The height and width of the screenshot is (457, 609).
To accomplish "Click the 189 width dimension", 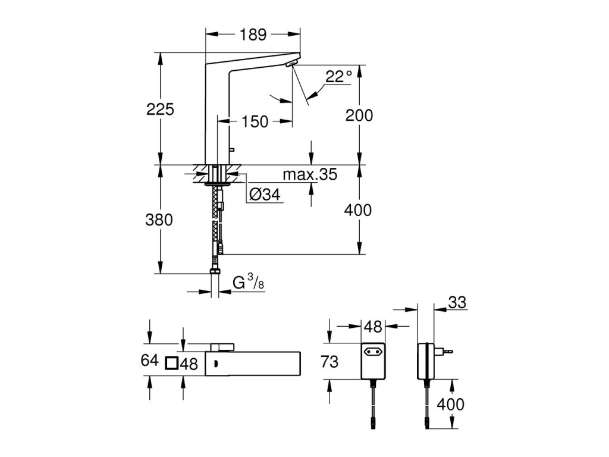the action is pos(253,35).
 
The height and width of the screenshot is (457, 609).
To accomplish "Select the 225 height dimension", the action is pos(160,109).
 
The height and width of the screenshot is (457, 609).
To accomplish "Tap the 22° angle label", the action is pos(338,77).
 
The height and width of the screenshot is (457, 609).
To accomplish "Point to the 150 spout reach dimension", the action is pos(255,121).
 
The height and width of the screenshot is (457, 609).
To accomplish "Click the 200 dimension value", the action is pos(359,115).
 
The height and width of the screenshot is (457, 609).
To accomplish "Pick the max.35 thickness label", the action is pos(310,174).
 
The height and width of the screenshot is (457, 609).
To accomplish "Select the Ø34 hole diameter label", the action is pos(265,194).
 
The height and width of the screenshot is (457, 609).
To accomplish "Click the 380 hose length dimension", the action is pos(159,220).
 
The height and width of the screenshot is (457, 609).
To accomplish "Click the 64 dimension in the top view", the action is pos(149,360).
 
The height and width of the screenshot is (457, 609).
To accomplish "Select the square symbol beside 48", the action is pos(171,364).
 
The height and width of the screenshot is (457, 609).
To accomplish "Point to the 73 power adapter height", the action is pos(329,362).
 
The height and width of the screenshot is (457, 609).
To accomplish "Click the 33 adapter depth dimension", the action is pos(457,302).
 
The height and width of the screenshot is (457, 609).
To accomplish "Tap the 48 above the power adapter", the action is pos(373,327).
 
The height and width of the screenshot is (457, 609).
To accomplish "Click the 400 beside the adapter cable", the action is pos(451,405).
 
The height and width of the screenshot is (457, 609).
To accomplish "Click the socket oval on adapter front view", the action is pos(373,352).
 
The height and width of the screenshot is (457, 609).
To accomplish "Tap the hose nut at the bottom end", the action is pos(214,271).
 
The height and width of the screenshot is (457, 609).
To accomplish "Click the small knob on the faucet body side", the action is pos(233,149).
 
